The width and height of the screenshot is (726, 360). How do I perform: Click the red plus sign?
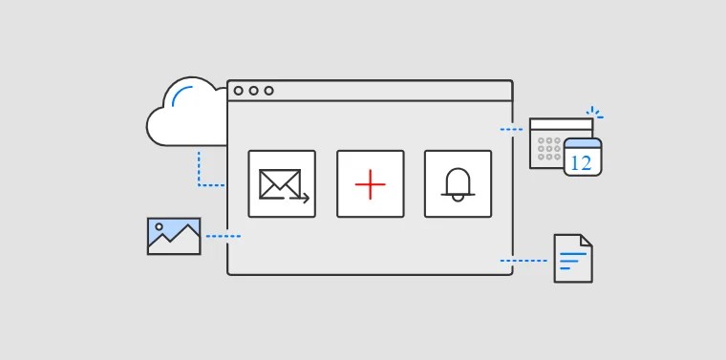pyautogui.click(x=370, y=184)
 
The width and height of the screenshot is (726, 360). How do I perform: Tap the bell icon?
pyautogui.click(x=458, y=184)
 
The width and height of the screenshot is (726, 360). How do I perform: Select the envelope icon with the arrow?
pyautogui.click(x=284, y=185)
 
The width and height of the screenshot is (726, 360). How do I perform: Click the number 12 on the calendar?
pyautogui.click(x=581, y=163)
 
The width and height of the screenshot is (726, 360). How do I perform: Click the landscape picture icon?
pyautogui.click(x=174, y=236)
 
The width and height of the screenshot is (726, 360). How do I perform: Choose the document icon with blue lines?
pyautogui.click(x=573, y=258)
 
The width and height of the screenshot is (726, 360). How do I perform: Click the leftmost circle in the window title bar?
pyautogui.click(x=238, y=91)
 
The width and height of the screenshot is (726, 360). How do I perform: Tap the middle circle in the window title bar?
pyautogui.click(x=253, y=91)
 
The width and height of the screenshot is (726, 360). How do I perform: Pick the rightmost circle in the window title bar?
pyautogui.click(x=268, y=91)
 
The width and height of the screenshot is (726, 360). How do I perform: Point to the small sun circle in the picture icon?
pyautogui.click(x=160, y=226)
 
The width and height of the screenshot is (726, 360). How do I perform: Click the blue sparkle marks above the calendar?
pyautogui.click(x=594, y=113)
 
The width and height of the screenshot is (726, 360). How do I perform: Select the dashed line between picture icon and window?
pyautogui.click(x=224, y=237)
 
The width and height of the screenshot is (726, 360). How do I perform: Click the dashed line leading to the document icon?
pyautogui.click(x=523, y=261)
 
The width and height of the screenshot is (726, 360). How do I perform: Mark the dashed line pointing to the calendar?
pyautogui.click(x=511, y=130)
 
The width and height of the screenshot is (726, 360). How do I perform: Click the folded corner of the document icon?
pyautogui.click(x=587, y=240)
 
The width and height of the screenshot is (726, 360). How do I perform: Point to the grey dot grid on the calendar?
pyautogui.click(x=549, y=149)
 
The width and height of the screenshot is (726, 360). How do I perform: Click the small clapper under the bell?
pyautogui.click(x=458, y=198)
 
